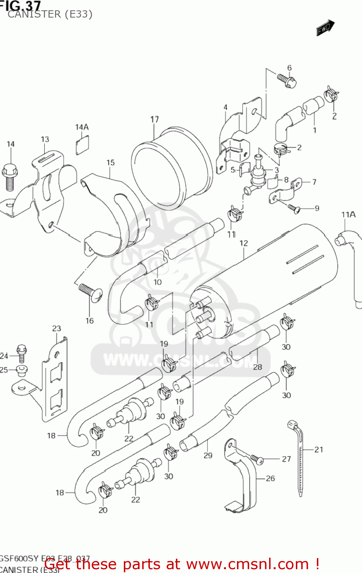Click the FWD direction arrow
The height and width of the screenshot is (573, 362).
coord(325,28)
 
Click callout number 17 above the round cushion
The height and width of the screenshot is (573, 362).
coord(154,120)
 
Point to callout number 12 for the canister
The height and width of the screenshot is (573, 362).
coord(243,243)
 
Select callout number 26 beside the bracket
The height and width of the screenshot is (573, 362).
coord(270,478)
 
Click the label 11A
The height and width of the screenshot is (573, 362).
coord(348,215)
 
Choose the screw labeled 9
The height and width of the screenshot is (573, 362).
coord(294,208)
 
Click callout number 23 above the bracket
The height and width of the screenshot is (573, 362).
coord(57,329)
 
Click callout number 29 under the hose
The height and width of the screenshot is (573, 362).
coord(208,455)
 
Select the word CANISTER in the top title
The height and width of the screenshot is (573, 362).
coord(34,14)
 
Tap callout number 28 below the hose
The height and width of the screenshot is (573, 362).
coord(258,367)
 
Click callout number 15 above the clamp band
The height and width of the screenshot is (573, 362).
coord(110,163)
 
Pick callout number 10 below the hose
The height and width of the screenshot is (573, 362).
coord(157,282)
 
